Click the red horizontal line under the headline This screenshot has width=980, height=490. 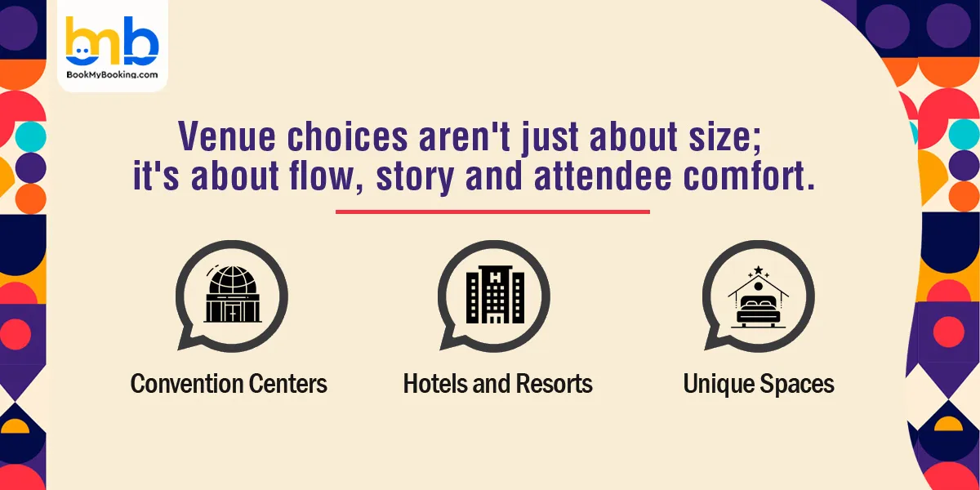coord(492,212)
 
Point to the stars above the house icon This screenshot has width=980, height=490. coord(759,270)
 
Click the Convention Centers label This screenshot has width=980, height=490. coord(229,384)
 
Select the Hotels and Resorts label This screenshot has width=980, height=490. coord(497,384)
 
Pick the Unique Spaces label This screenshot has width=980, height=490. coord(759,384)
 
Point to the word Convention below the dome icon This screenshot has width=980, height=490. coord(185,384)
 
